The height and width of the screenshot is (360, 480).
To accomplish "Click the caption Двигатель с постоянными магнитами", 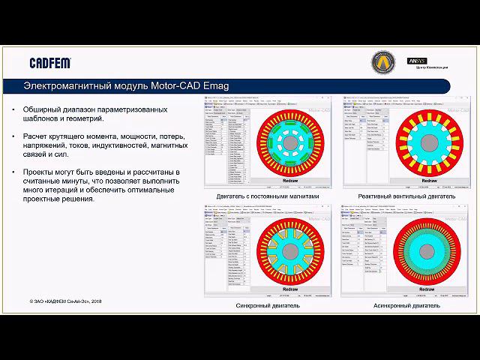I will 267,196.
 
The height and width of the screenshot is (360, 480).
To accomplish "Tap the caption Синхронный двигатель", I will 267,306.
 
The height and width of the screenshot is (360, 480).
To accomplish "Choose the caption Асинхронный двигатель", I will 405,306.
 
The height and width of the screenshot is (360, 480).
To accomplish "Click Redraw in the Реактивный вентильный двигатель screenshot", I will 425,181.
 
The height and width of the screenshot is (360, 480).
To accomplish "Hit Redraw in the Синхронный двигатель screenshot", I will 289,288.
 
